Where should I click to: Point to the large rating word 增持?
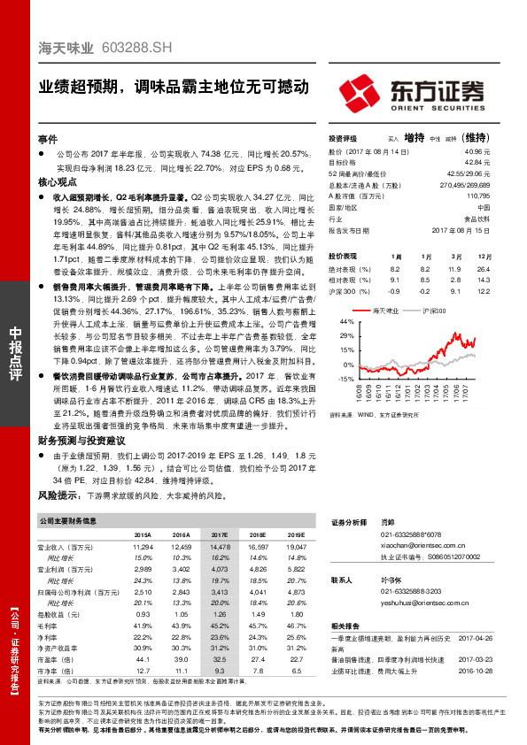click(x=415, y=139)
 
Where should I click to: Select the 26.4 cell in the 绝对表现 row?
click(x=483, y=268)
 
